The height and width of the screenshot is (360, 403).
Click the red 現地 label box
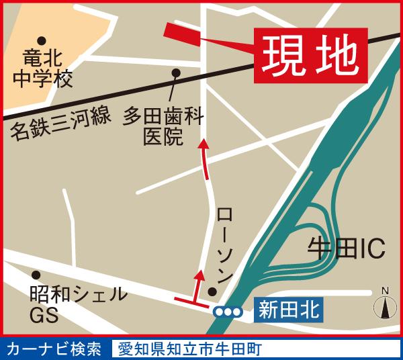pyautogui.click(x=310, y=56)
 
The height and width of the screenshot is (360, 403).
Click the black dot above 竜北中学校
pyautogui.click(x=42, y=41)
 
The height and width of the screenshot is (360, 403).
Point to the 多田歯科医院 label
pyautogui.click(x=163, y=127)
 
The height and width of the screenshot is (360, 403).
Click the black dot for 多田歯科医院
pyautogui.click(x=176, y=73)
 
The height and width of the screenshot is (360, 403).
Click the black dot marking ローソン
pyautogui.click(x=212, y=291)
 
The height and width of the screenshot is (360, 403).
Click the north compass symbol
pyautogui.click(x=385, y=306)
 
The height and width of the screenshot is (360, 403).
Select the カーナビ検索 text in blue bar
pyautogui.click(x=54, y=349)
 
